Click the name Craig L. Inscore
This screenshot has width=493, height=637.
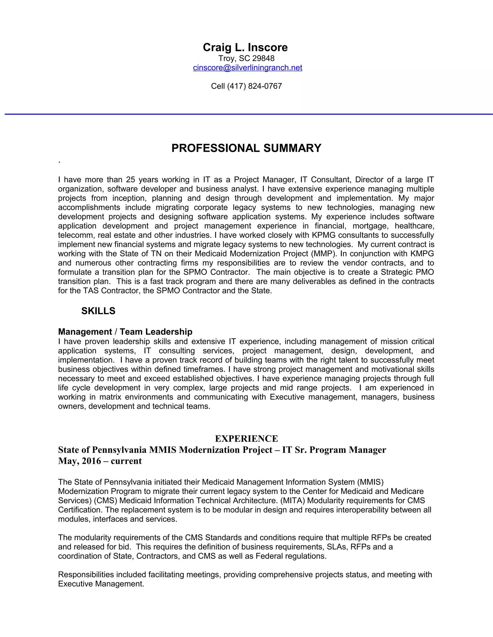[245, 47]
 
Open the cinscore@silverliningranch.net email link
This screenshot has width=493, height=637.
[247, 68]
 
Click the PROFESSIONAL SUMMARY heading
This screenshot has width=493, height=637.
[246, 148]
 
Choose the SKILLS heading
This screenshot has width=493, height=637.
[98, 311]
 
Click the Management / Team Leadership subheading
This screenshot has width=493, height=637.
[125, 332]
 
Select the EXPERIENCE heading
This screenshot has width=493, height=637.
[246, 439]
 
